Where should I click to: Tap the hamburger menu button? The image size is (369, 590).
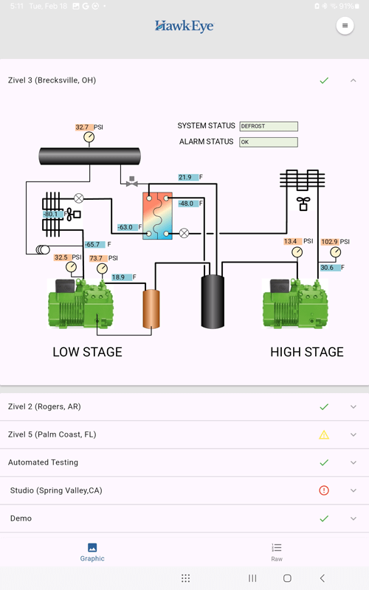(345, 26)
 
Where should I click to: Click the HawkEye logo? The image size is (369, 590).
(184, 26)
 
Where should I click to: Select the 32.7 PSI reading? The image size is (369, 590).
(82, 128)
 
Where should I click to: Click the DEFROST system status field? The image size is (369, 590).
(268, 126)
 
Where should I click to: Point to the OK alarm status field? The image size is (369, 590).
(268, 142)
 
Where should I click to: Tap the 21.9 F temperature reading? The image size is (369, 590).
(185, 177)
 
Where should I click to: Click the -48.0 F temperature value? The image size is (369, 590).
(186, 204)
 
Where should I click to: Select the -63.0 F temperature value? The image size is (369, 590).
(125, 227)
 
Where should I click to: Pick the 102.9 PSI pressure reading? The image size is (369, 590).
(330, 242)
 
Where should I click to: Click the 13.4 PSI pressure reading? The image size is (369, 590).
(290, 241)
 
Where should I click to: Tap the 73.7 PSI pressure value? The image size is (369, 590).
(97, 259)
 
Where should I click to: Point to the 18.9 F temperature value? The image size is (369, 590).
(119, 277)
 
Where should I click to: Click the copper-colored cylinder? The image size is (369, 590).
(151, 308)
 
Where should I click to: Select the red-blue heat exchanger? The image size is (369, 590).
(157, 215)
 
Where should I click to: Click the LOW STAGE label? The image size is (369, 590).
(87, 353)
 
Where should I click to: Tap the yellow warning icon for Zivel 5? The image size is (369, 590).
(324, 434)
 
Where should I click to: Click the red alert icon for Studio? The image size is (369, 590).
(324, 490)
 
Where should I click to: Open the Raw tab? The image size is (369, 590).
(277, 552)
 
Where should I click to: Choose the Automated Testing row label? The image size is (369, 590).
(43, 462)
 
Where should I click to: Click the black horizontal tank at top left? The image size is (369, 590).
(90, 156)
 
